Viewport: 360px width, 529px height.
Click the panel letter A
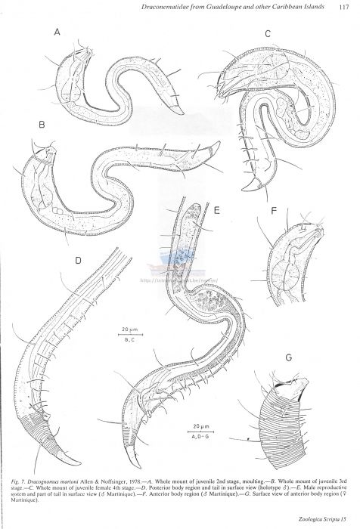pos(57,32)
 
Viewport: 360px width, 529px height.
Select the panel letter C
pos(268,34)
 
